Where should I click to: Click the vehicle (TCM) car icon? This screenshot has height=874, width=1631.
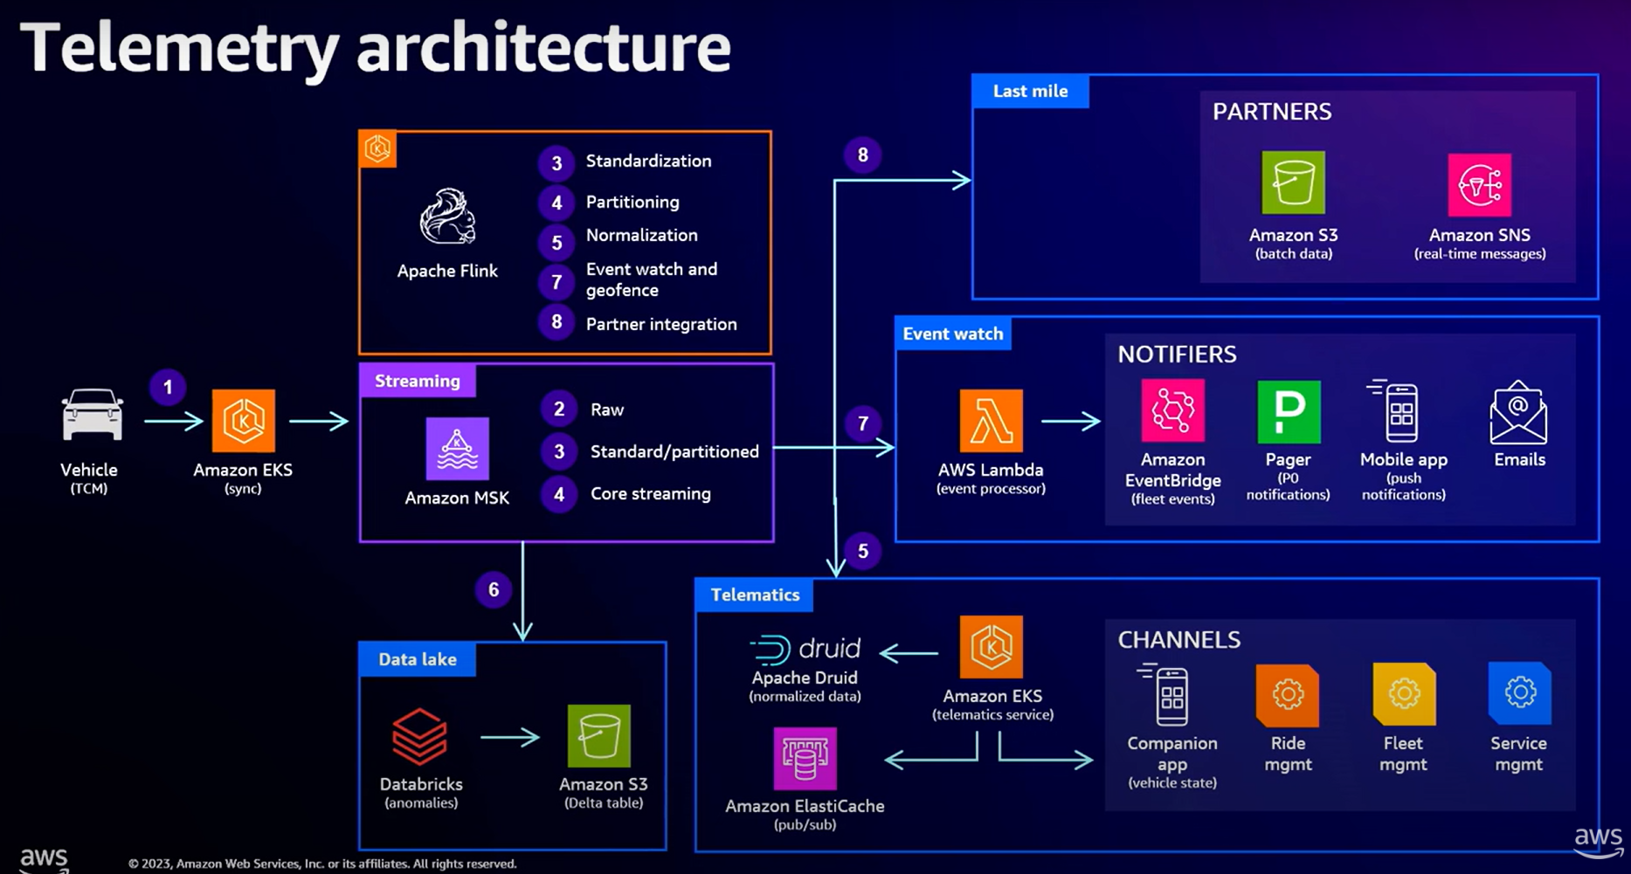92,415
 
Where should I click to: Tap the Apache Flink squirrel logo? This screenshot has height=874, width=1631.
447,217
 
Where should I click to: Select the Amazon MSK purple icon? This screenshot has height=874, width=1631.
457,449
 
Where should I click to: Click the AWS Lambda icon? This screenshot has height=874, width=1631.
991,421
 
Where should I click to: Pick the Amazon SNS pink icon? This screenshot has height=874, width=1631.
1479,184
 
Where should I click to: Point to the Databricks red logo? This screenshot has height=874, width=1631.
419,737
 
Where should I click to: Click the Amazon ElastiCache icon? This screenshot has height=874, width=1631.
805,758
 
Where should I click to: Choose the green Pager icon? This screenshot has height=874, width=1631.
1289,411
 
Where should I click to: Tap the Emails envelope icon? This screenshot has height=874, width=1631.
1518,412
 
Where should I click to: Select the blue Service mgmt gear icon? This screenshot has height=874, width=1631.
1519,693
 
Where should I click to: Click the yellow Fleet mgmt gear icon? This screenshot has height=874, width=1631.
1404,694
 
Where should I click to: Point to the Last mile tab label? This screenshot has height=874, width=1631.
1030,91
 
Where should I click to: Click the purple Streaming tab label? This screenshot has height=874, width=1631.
417,381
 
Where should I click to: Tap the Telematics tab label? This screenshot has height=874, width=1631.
755,595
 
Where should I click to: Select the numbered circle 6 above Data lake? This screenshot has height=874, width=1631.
494,590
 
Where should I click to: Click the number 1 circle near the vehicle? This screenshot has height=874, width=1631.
168,388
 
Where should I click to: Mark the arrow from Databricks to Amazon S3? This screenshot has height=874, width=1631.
510,738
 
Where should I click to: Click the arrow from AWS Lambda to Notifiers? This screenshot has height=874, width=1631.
1071,421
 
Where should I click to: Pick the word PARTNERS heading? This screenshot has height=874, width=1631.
1271,112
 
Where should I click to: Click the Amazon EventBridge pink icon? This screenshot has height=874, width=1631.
1172,410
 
